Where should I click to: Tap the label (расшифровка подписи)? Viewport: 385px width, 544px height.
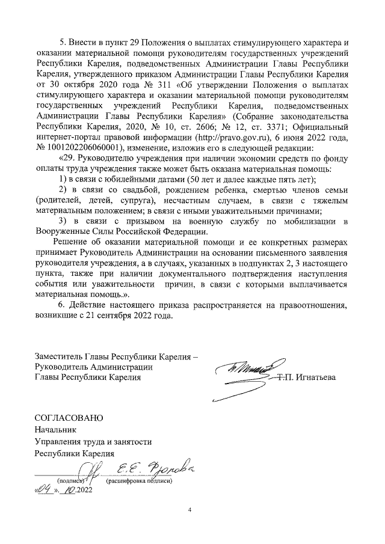[x=140, y=481]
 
